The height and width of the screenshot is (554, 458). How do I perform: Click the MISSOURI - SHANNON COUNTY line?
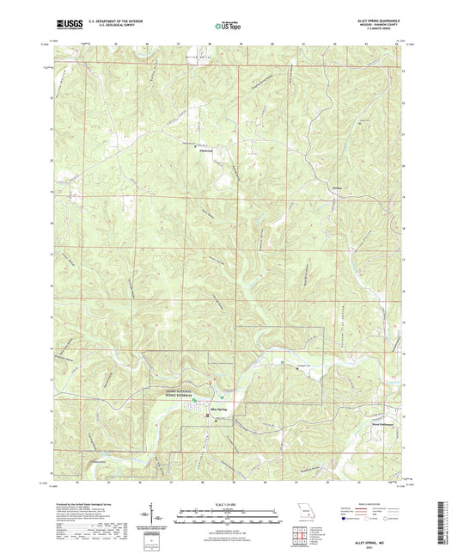[382, 27]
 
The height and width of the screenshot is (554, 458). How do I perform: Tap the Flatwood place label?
[194, 151]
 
